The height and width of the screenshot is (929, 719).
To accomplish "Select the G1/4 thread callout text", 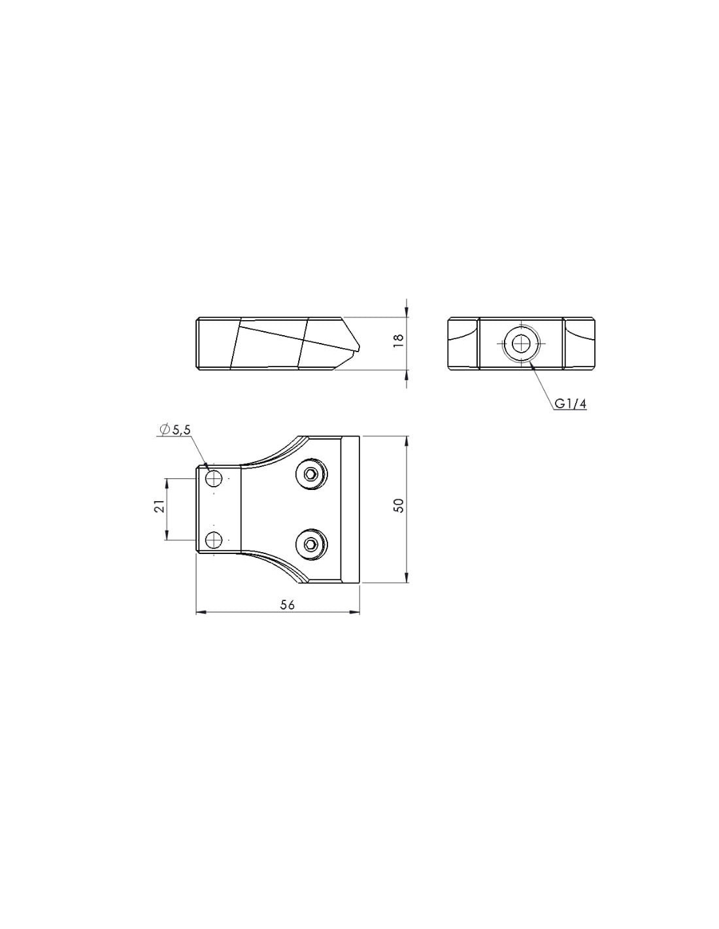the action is pos(571,404).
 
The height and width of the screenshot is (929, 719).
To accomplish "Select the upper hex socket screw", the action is pos(311,474).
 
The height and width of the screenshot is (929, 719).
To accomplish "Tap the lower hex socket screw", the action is pos(311,544).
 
